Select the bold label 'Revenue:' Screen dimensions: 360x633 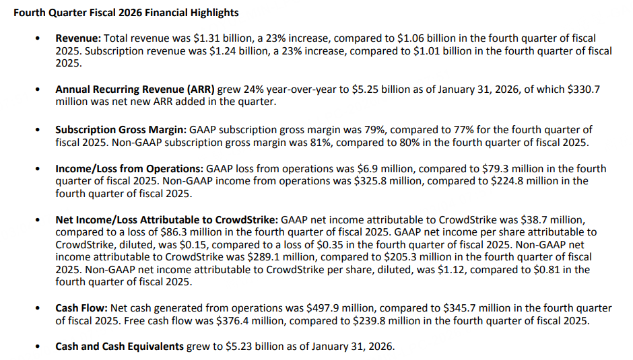[77, 39]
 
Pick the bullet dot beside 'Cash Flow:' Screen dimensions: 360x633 [39, 309]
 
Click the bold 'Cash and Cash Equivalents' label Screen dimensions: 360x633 [120, 347]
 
